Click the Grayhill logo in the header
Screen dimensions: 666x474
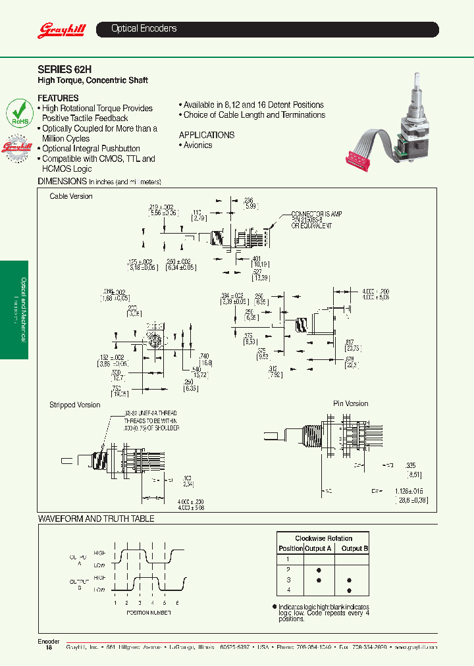pos(58,30)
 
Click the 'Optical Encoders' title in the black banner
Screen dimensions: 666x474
pos(144,29)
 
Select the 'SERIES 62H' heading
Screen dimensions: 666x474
pos(65,68)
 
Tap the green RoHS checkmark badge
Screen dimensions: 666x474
pos(18,112)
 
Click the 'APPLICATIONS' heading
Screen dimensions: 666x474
pos(206,135)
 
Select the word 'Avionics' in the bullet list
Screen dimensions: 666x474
pos(197,145)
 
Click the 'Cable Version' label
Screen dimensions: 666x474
pos(71,196)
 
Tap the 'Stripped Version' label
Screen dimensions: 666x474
pos(75,405)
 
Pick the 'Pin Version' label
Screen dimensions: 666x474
pos(350,403)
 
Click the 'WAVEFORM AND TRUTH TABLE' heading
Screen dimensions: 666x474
pos(96,519)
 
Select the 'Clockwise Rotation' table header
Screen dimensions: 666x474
pos(323,538)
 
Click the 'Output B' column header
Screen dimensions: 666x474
pos(355,548)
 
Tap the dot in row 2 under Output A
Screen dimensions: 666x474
pos(319,569)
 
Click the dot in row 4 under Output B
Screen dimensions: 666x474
pos(348,591)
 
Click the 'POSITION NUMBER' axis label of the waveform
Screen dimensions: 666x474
pos(148,612)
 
